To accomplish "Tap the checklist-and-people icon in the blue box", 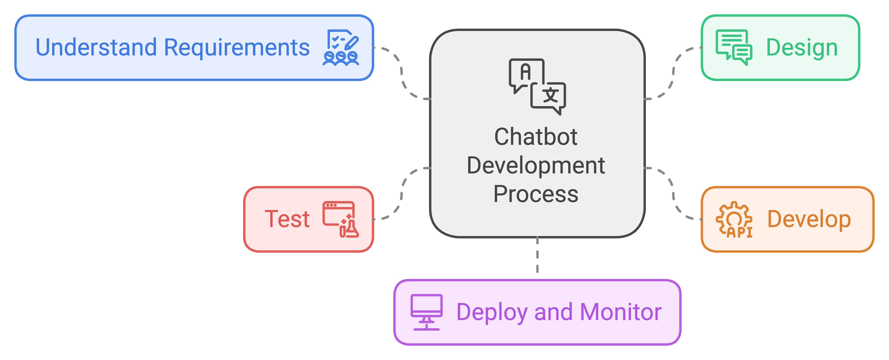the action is click(x=341, y=48).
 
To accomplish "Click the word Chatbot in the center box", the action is click(x=536, y=137).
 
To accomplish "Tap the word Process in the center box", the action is click(x=536, y=194).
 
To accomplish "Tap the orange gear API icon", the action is click(x=734, y=220).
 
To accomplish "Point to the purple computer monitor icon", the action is click(x=427, y=312).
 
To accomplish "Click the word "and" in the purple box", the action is click(x=554, y=312).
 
